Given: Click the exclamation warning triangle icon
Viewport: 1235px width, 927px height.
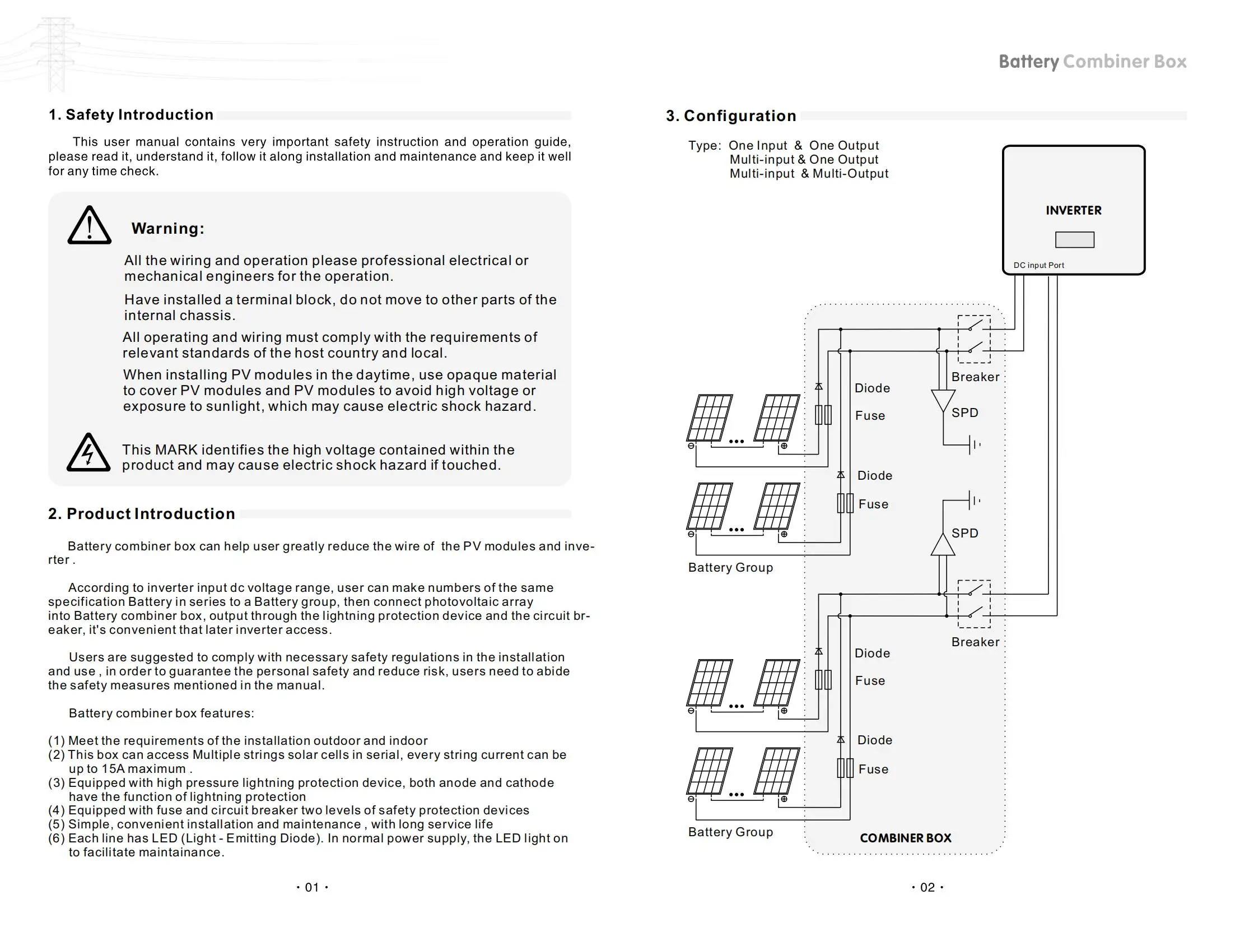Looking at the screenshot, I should click(x=89, y=226).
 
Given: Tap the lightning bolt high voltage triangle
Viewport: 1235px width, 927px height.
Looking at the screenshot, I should click(x=88, y=453).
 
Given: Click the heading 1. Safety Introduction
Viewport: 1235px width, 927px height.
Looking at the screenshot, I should click(x=131, y=115).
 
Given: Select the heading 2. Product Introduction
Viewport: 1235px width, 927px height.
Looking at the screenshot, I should click(x=142, y=514).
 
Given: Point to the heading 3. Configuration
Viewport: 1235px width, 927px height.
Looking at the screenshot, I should click(x=731, y=116).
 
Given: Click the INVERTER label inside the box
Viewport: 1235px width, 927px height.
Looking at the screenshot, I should click(x=1073, y=211).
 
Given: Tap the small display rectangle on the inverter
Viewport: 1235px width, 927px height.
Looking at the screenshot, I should click(x=1074, y=240).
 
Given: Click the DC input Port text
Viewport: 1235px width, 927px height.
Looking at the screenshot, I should click(x=1038, y=266).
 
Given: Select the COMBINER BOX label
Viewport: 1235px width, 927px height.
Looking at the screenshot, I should click(x=905, y=838).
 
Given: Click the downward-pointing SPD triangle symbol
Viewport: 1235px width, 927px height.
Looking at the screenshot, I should click(x=943, y=400).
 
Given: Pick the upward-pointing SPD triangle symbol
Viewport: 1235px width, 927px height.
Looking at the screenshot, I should click(x=943, y=545).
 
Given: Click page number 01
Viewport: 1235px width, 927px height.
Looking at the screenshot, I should click(x=312, y=888).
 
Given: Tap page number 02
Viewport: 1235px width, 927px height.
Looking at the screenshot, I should click(x=928, y=888).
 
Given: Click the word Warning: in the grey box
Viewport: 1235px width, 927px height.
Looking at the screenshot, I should click(x=167, y=229).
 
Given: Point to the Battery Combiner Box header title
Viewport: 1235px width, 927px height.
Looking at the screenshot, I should click(x=1092, y=62).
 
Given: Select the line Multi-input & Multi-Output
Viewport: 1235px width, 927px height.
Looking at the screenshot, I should click(x=809, y=174).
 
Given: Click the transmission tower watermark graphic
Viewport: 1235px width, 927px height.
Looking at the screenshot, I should click(x=56, y=53).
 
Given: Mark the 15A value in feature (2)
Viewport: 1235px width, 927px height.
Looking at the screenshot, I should click(x=113, y=769).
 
